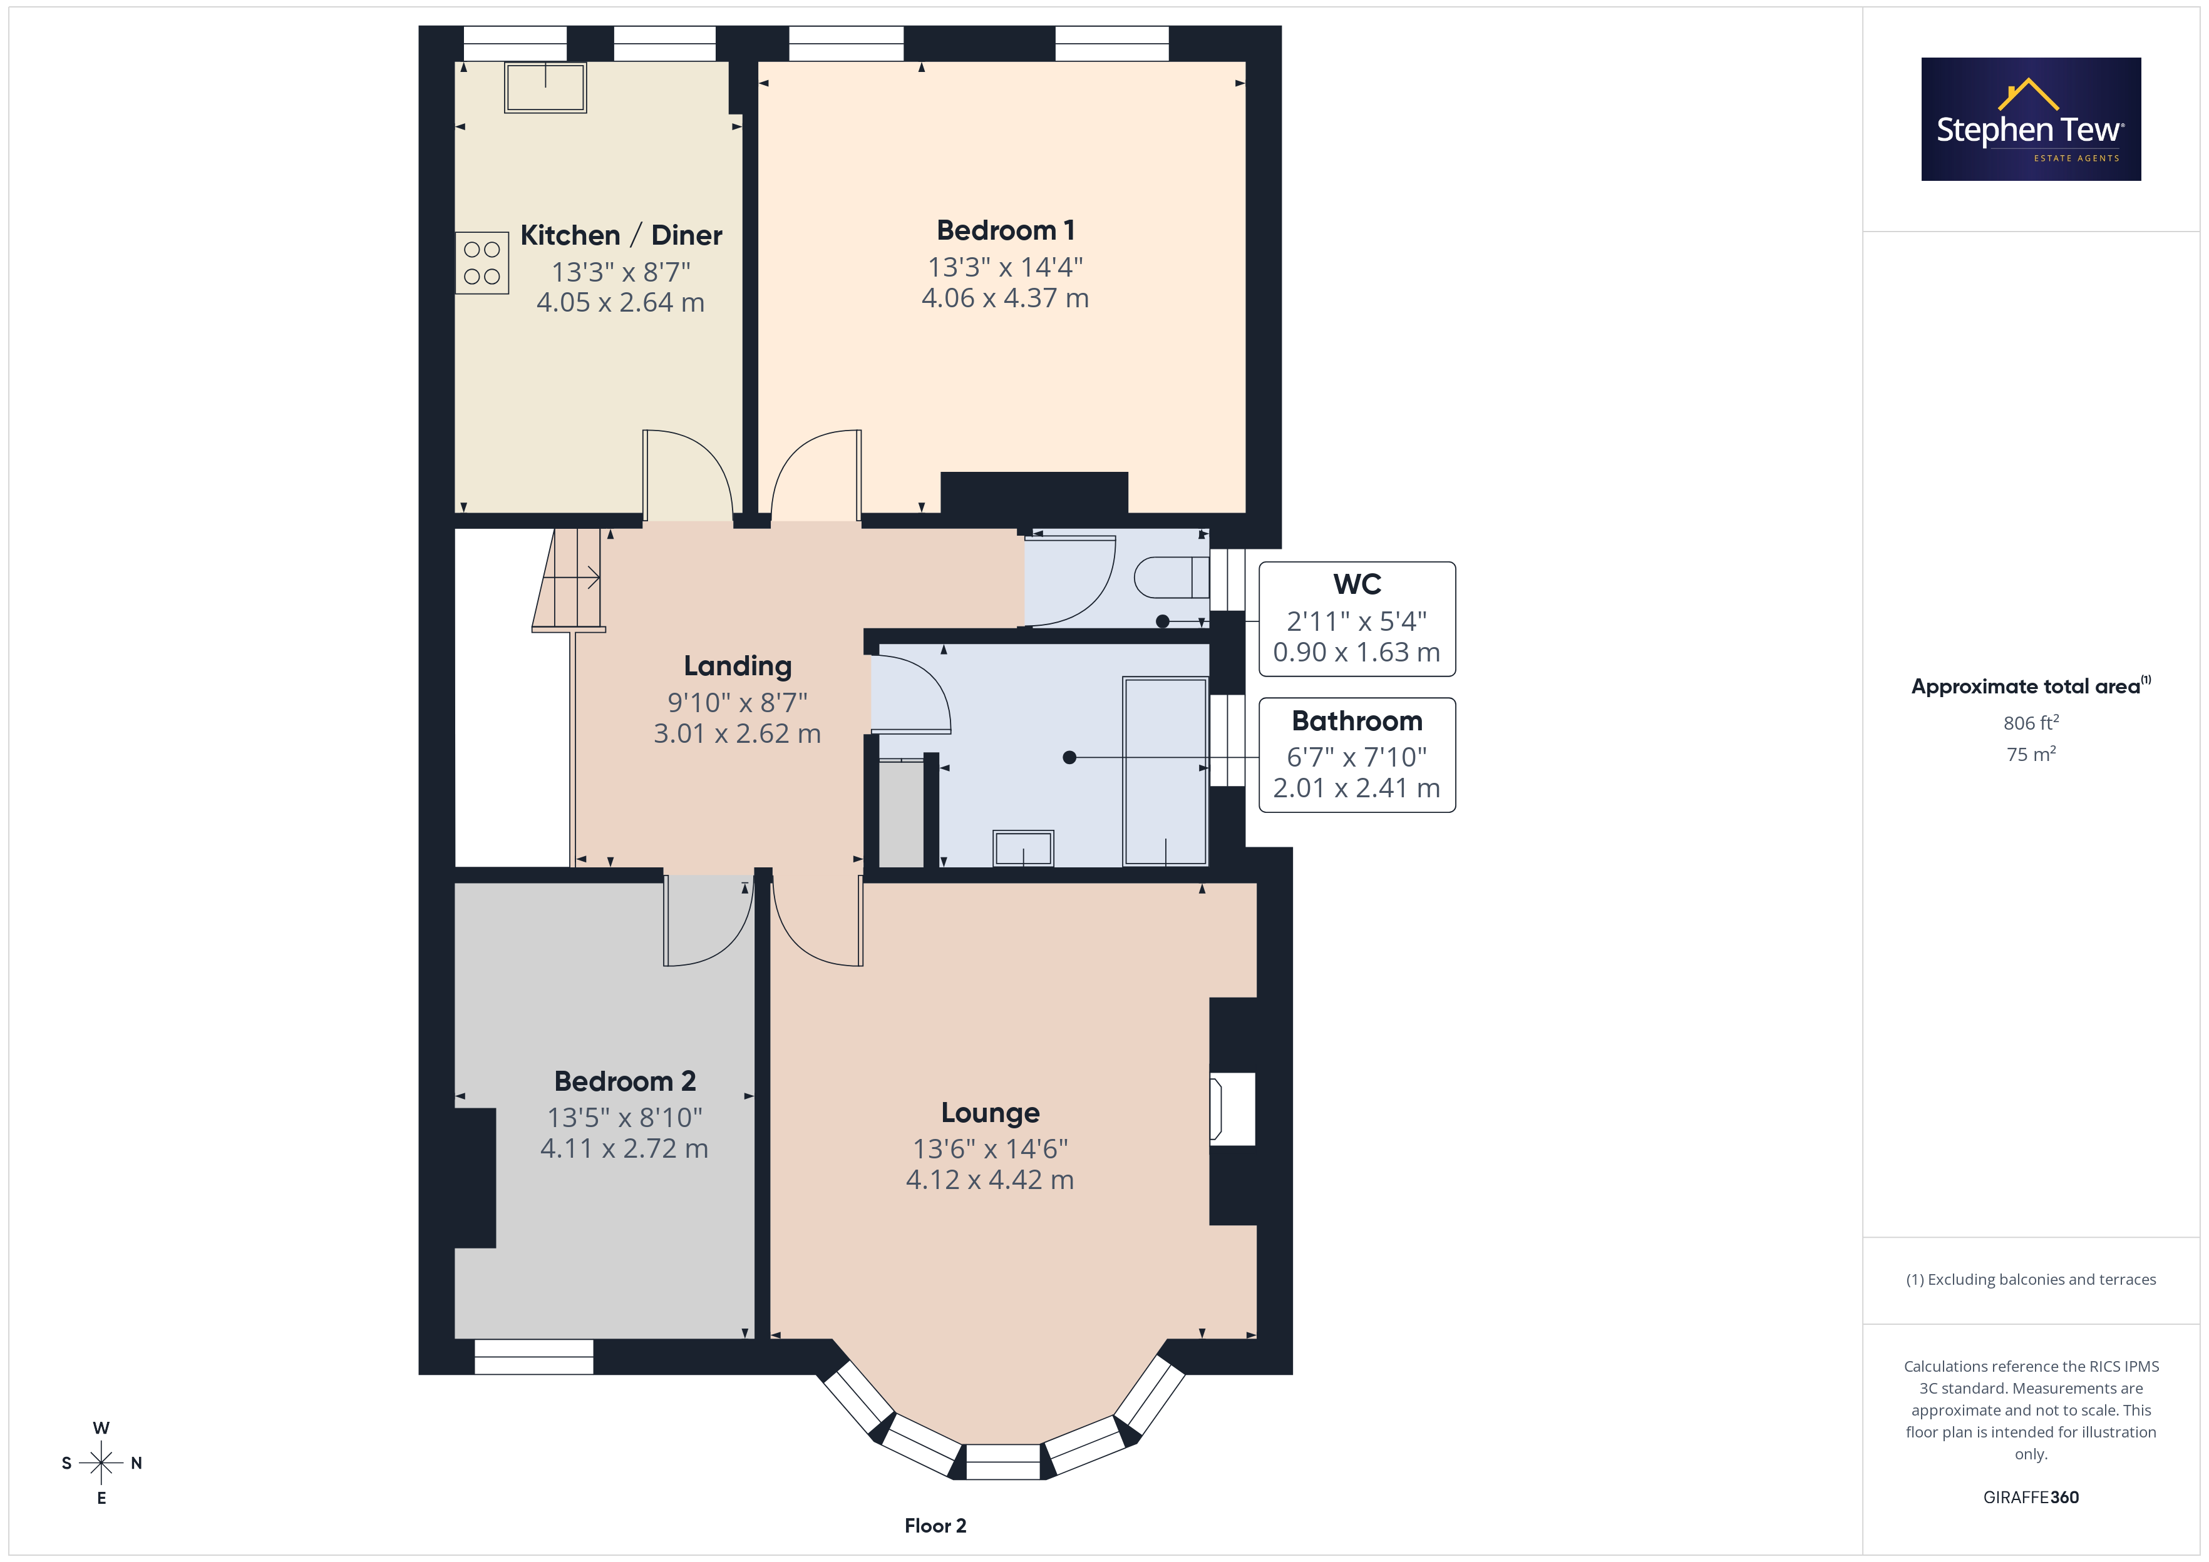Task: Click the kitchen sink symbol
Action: click(545, 88)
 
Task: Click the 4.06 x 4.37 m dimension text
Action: click(1006, 298)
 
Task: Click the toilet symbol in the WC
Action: click(1171, 577)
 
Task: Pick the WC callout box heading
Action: click(1357, 584)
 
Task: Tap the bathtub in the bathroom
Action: click(1165, 772)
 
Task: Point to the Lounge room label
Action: click(990, 1113)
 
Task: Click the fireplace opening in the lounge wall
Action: click(1232, 1109)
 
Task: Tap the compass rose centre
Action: click(101, 1463)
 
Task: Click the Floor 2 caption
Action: click(935, 1526)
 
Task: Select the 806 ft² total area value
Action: click(2031, 722)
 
